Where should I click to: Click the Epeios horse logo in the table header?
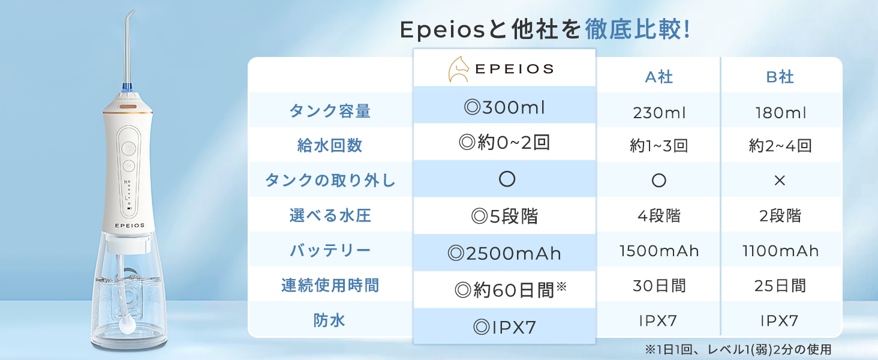[x=459, y=69]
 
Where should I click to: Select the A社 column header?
[x=659, y=77]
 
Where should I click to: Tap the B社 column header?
[x=780, y=77]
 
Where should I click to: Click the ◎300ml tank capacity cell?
[x=504, y=107]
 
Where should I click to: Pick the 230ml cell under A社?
[x=659, y=113]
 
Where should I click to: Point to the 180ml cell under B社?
[x=780, y=113]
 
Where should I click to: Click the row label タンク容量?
[x=330, y=111]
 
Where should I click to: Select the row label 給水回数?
[x=330, y=145]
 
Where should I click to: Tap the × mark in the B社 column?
[x=780, y=181]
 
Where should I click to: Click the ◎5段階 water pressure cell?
[x=504, y=216]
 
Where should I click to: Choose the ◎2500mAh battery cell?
[x=504, y=253]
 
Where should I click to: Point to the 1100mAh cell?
[x=780, y=251]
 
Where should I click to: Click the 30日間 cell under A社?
[x=659, y=286]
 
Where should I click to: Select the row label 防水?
[x=329, y=320]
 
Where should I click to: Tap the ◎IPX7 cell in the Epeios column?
[x=504, y=327]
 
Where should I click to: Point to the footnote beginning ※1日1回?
[x=738, y=349]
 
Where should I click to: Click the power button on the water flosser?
[x=128, y=149]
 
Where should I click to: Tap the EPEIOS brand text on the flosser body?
[x=130, y=226]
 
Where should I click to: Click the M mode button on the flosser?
[x=128, y=166]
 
